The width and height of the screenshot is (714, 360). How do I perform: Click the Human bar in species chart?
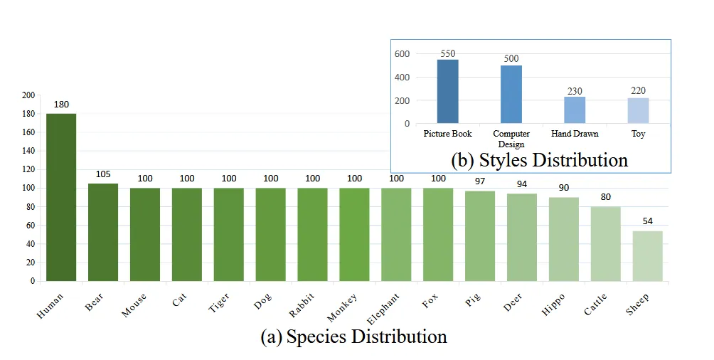click(61, 197)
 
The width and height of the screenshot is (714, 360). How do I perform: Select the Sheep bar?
click(647, 255)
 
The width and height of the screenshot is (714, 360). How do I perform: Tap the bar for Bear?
click(103, 232)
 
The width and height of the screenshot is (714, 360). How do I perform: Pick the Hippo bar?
click(563, 239)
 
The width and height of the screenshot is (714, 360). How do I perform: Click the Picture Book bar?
click(447, 91)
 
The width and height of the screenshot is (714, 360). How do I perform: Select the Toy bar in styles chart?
click(638, 110)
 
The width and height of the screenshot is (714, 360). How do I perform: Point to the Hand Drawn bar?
click(575, 110)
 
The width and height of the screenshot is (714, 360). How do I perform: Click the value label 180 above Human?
click(61, 105)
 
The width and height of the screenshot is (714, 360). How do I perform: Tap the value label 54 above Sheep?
click(647, 221)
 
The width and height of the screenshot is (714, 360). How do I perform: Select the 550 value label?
click(447, 53)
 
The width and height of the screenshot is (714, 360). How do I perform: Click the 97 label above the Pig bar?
click(480, 181)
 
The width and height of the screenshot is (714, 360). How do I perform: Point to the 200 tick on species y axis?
click(28, 95)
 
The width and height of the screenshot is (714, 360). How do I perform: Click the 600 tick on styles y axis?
click(403, 54)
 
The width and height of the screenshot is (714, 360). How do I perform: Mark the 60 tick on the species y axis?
click(30, 226)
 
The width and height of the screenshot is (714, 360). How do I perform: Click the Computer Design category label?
click(511, 139)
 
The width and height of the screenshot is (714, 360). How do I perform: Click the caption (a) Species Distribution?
click(353, 337)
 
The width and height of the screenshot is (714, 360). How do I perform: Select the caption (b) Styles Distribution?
click(539, 160)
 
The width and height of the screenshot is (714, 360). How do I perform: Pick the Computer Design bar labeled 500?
click(511, 94)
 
